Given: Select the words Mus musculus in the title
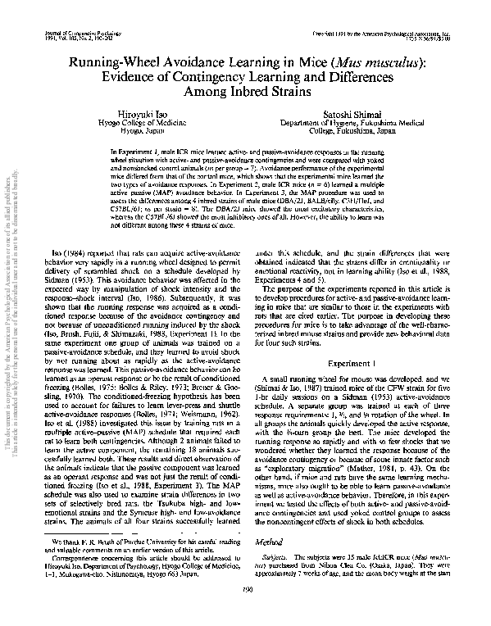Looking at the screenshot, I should [373, 62].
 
